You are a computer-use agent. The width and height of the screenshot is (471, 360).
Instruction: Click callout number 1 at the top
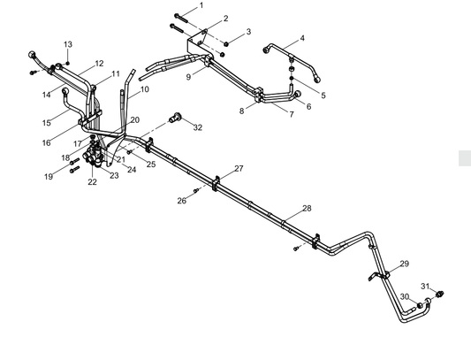(201, 5)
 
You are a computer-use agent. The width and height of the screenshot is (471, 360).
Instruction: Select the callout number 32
(197, 127)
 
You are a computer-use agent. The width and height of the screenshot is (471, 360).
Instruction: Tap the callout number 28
(307, 209)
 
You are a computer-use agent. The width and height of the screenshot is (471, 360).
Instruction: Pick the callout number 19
(49, 177)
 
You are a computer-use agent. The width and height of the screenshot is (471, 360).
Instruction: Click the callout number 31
(424, 286)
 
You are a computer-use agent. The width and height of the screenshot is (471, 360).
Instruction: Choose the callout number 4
(302, 39)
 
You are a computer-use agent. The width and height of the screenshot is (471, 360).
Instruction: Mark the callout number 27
(238, 168)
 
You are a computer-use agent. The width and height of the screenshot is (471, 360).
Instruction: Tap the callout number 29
(404, 264)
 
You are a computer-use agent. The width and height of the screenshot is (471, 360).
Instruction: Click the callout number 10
(144, 89)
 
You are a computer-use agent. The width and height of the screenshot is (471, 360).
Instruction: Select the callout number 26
(181, 201)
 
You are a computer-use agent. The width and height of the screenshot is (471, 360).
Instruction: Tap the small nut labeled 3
(225, 42)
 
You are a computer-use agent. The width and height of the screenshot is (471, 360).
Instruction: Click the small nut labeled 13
(69, 61)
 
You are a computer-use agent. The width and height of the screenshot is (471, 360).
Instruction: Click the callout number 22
(92, 182)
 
